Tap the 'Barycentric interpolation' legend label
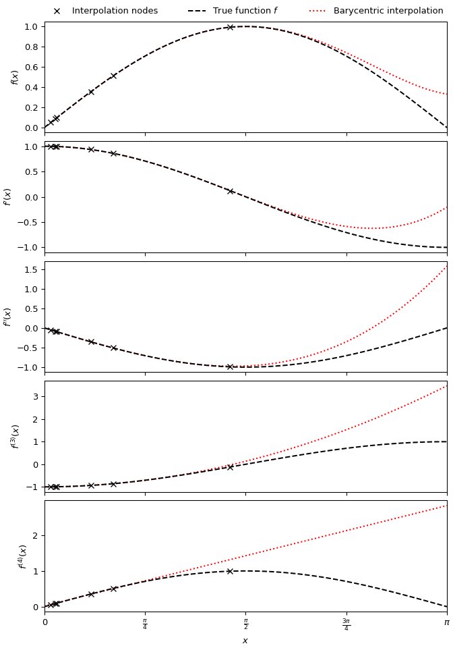coord(388,11)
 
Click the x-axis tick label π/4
coord(145,624)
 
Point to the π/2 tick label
coord(245,624)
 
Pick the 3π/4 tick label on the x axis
coord(346,624)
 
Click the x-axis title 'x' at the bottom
coord(245,641)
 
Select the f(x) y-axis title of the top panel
coord(15,77)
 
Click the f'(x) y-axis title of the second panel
coord(8,196)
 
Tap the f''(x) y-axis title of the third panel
coord(8,317)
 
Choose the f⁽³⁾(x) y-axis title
coord(15,436)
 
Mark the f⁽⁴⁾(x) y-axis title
coord(22,556)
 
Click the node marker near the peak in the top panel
coord(230,27)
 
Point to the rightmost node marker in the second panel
coord(230,191)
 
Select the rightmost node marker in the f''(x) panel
coord(230,367)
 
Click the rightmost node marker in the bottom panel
coord(230,571)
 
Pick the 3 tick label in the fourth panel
coord(35,396)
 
